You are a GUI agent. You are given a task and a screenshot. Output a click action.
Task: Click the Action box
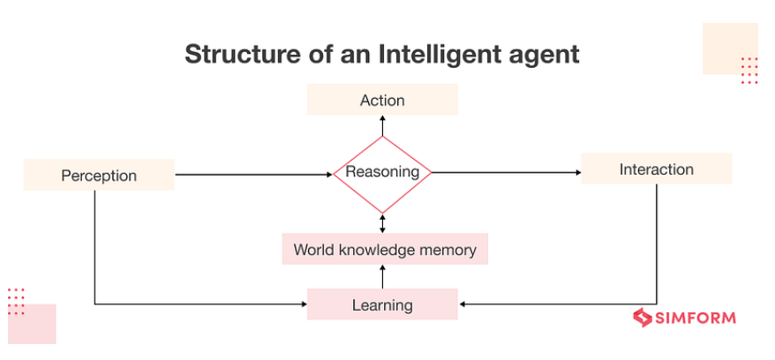[382, 100]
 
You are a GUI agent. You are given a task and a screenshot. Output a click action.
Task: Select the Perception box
[99, 175]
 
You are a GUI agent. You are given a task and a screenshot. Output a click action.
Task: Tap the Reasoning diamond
[382, 173]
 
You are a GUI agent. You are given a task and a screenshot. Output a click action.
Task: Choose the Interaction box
[656, 169]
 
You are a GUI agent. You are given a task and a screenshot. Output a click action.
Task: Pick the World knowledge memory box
[384, 250]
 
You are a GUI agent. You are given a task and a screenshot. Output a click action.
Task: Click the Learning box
[382, 305]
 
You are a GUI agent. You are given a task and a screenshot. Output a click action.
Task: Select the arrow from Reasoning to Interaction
[505, 173]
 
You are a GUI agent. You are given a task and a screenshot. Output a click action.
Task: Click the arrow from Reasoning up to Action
[382, 125]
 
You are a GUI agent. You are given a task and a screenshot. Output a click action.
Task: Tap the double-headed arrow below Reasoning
[382, 222]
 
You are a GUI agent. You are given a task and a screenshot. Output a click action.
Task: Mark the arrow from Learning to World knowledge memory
[382, 276]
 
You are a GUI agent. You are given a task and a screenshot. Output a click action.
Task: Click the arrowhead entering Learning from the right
[463, 305]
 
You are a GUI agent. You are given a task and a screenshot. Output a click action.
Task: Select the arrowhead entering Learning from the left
[302, 305]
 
